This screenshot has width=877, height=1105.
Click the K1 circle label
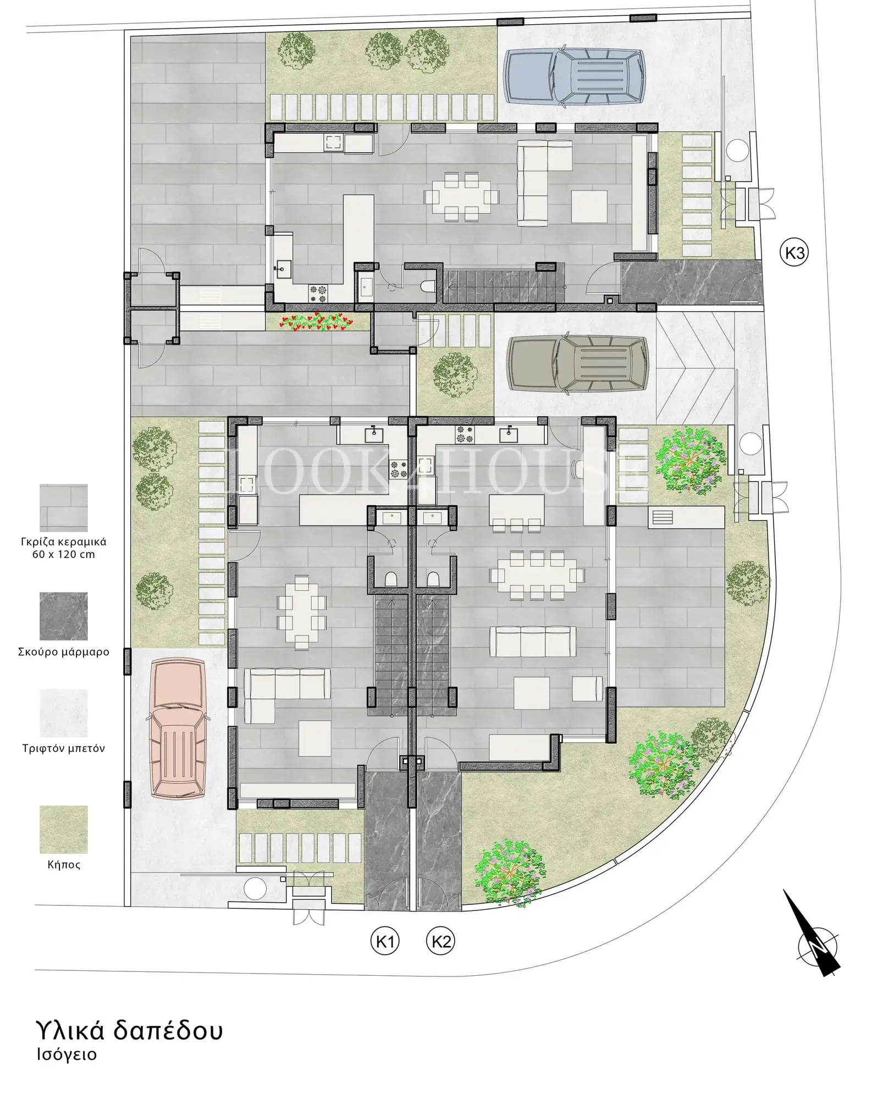384,941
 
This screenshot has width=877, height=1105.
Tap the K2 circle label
441,941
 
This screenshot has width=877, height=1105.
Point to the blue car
575,76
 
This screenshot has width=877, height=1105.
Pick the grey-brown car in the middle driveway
577,364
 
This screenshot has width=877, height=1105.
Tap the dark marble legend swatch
63,616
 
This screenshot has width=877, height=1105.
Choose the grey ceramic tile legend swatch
63,507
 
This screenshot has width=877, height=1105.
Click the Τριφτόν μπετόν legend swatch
63,713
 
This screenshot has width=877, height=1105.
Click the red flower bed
316,322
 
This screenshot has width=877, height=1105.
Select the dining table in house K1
302,611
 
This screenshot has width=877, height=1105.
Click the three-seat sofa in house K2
532,641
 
